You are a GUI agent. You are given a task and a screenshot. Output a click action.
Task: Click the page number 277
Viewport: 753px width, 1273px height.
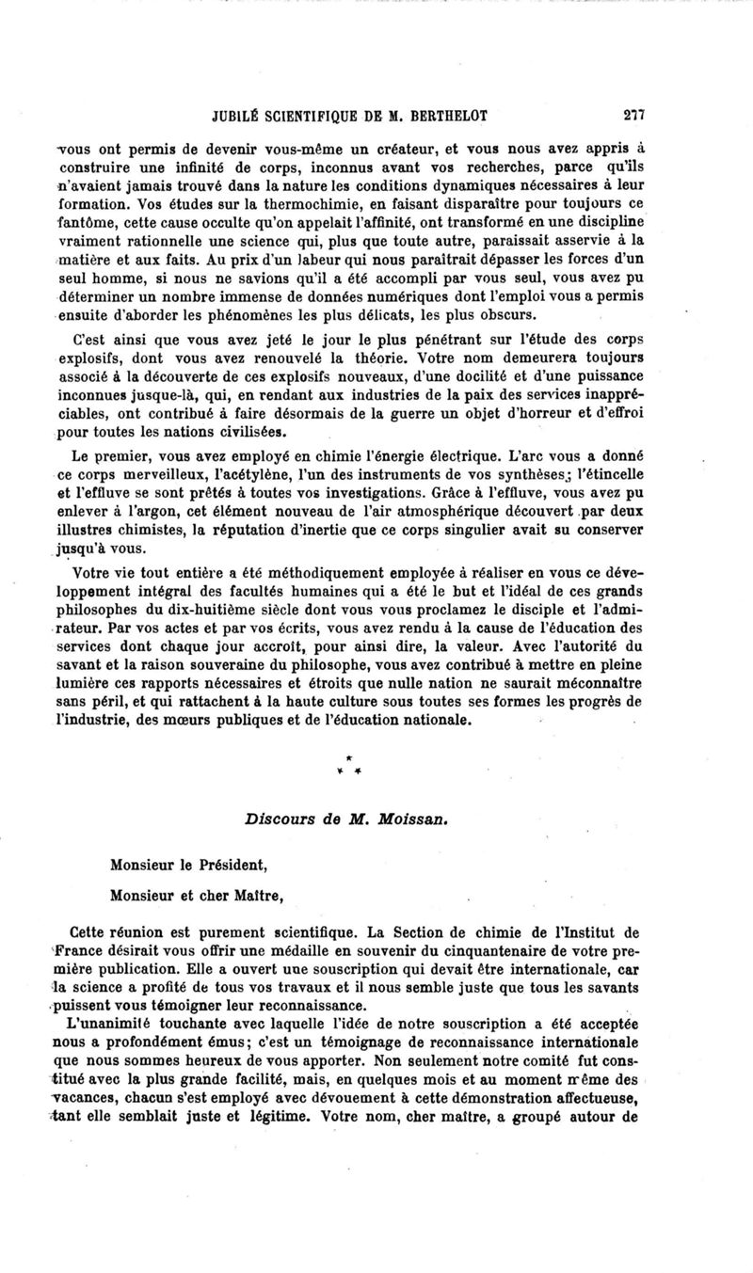632,115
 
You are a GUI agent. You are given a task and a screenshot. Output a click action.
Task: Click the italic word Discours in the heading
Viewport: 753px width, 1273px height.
276,819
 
